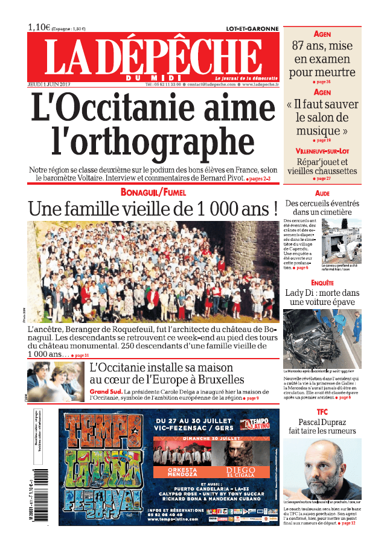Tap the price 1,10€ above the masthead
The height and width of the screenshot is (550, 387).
(x=39, y=27)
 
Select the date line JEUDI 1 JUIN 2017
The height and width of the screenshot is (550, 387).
(x=50, y=85)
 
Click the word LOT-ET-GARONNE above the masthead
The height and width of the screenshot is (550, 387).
(x=252, y=28)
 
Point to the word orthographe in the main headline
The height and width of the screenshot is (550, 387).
(x=154, y=141)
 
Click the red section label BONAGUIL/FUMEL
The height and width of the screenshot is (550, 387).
(x=153, y=192)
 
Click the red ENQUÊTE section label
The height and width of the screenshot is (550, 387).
(x=322, y=282)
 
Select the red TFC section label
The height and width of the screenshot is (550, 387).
(x=322, y=412)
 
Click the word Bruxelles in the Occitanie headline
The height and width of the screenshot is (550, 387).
(x=216, y=379)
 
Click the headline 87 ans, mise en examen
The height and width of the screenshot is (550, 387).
(x=322, y=59)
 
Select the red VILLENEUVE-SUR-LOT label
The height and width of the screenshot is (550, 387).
(x=322, y=150)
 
